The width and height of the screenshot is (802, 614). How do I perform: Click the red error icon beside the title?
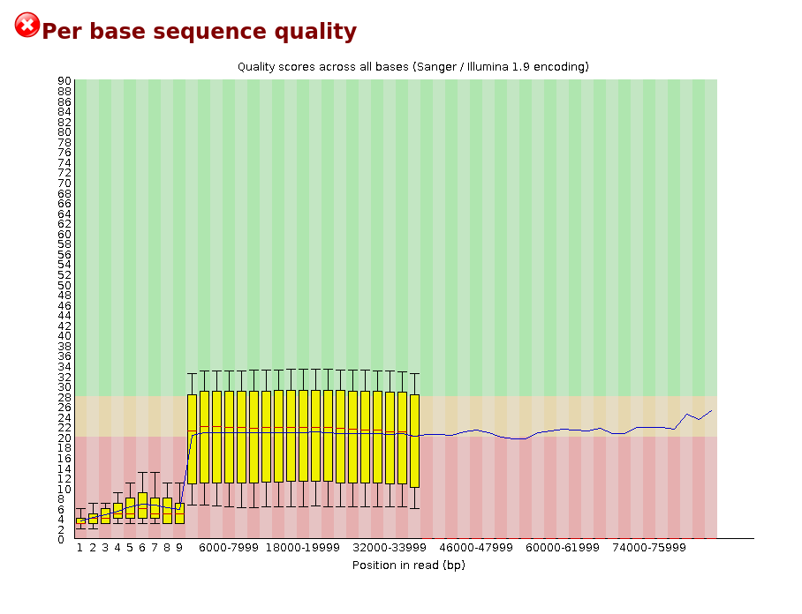pos(27,26)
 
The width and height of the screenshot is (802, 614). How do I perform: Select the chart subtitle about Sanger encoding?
pos(412,67)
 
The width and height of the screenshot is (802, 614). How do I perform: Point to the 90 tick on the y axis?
pos(64,81)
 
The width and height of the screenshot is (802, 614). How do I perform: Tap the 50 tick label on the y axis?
pos(64,285)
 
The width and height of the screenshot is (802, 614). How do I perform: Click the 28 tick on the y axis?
pos(64,397)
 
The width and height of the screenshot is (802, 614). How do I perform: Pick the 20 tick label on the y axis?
pos(64,438)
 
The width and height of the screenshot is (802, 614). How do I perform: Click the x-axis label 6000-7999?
pos(228,548)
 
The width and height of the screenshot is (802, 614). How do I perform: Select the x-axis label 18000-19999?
pos(302,548)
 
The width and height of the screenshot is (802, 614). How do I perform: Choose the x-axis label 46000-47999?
pos(476,548)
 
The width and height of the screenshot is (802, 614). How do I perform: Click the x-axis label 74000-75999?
pos(649,548)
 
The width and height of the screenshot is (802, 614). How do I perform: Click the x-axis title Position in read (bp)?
pos(408,565)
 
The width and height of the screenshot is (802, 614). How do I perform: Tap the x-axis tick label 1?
pos(79,548)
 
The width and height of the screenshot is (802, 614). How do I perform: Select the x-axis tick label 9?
pos(179,548)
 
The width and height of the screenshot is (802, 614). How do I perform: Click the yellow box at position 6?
pos(142,505)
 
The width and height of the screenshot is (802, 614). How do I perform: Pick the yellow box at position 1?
pos(80,520)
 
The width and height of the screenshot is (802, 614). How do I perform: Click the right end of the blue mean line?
pos(711,410)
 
